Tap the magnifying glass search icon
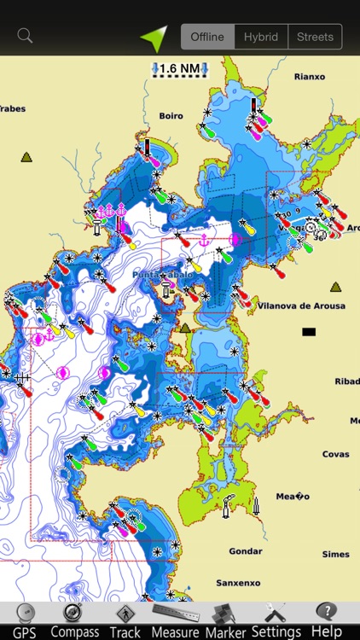(26, 36)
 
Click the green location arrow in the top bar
(154, 37)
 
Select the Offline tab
(207, 37)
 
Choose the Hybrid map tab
(261, 37)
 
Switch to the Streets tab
(315, 37)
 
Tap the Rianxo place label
(309, 77)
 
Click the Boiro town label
(171, 116)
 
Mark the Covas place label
(335, 455)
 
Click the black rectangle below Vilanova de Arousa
(309, 331)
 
